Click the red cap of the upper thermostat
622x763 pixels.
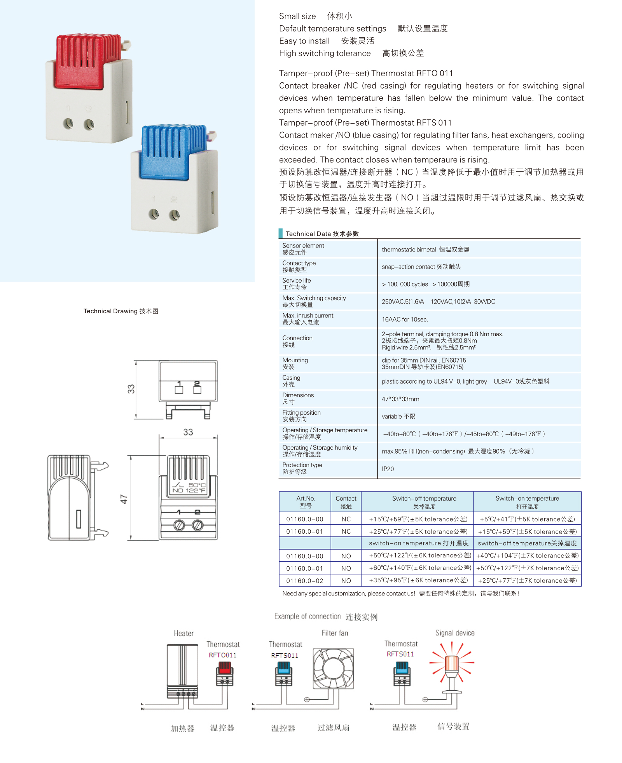pos(83,61)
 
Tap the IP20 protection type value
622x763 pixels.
pos(388,469)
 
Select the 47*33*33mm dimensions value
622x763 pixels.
pos(400,399)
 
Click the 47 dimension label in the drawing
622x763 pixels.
pos(124,499)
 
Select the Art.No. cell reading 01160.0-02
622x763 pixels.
pos(304,581)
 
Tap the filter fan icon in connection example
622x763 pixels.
pos(334,669)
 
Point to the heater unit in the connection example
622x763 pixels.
pos(182,670)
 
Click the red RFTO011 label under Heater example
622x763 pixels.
pos(222,655)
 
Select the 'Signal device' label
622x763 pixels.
pos(454,633)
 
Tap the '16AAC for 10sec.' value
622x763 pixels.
pos(404,320)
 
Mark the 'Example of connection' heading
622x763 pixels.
pos(325,616)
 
